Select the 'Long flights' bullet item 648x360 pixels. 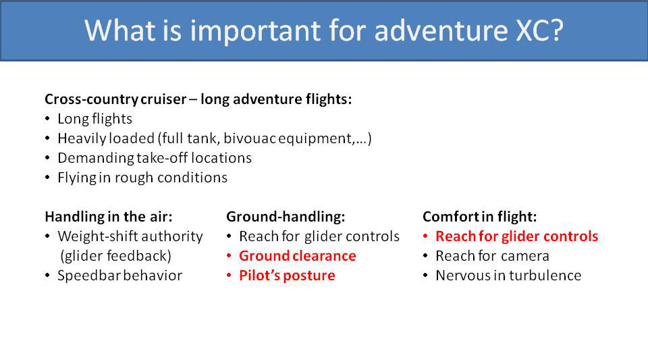[94, 119]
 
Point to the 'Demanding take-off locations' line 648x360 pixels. [154, 158]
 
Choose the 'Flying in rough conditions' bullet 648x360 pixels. [142, 178]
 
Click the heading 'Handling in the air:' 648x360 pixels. [108, 217]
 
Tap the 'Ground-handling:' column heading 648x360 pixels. [286, 217]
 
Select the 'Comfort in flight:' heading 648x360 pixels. [480, 217]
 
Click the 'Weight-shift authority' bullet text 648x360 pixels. [130, 236]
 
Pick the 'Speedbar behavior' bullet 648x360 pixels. [119, 276]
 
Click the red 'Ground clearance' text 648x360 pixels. [297, 256]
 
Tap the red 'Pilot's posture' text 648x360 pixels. [287, 276]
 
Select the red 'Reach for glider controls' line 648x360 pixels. [516, 236]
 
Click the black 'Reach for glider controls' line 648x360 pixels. [319, 236]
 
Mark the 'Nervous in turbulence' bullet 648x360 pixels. [508, 276]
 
